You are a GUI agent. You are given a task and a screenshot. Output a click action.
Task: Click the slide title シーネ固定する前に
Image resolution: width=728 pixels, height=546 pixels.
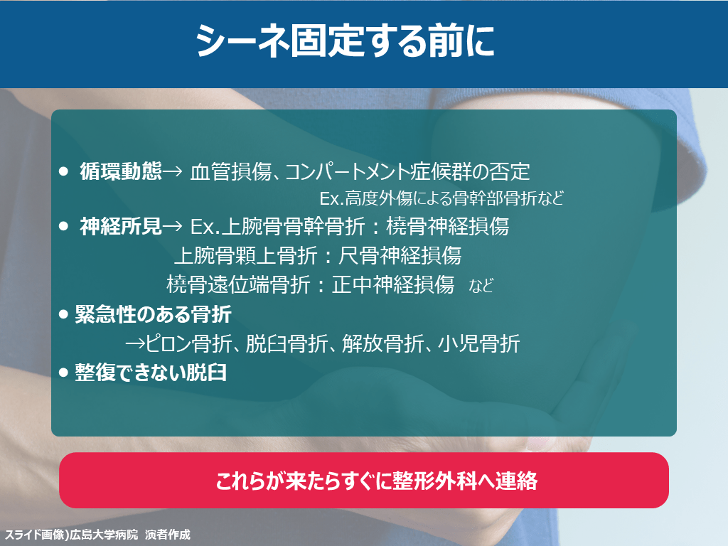[345, 41]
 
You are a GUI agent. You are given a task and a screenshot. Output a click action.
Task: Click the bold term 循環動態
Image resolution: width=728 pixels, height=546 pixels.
[121, 171]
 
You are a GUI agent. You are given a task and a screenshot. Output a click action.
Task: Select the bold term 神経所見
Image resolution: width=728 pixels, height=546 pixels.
[121, 227]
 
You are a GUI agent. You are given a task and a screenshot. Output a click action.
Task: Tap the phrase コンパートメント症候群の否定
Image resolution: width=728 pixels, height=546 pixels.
[407, 172]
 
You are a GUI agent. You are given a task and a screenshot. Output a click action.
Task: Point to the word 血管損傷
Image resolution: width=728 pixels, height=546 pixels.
[231, 172]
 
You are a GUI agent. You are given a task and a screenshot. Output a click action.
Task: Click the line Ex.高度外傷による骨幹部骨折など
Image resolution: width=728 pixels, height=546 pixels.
[441, 198]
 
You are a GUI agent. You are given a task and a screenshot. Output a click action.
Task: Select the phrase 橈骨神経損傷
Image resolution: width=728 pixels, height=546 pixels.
[448, 227]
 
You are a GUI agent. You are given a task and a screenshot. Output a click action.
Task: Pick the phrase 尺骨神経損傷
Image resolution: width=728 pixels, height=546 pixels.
[400, 255]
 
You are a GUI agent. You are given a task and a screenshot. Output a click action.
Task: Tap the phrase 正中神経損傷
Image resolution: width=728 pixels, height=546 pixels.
[392, 284]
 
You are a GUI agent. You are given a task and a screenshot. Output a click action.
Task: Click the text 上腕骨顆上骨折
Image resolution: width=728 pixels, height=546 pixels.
[246, 255]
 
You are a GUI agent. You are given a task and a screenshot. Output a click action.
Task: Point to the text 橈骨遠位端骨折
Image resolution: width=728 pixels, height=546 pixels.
[239, 284]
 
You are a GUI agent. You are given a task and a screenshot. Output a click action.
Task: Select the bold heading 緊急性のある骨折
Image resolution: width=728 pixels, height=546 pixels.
[154, 314]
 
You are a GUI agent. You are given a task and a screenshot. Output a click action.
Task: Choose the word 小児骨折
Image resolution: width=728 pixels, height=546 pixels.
[478, 343]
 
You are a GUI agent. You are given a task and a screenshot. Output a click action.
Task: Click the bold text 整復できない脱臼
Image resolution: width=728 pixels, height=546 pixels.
[151, 373]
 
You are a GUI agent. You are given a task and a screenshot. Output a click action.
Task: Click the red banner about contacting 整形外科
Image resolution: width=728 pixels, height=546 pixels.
[364, 480]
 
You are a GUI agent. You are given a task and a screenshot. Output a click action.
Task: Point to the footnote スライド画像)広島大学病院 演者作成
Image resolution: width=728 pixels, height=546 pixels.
[97, 535]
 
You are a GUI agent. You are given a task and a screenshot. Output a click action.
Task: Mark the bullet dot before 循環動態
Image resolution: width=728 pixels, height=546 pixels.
[63, 172]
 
